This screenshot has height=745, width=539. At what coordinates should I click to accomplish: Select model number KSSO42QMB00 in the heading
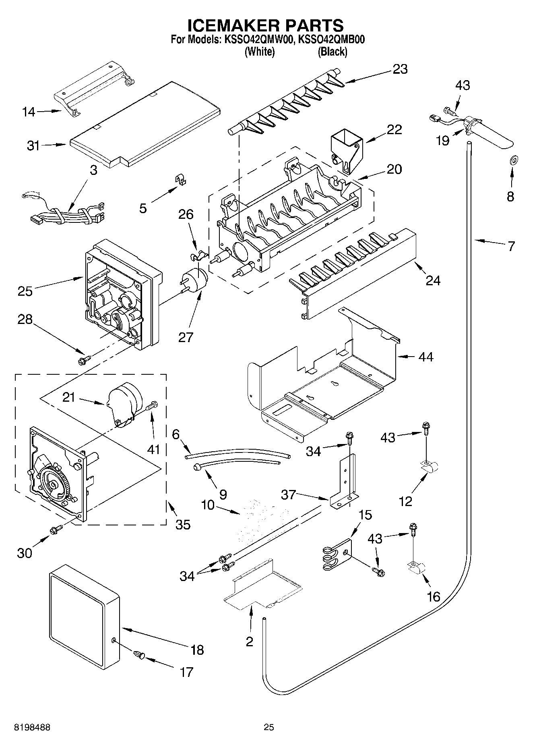(332, 39)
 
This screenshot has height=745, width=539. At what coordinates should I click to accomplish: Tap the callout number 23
(400, 69)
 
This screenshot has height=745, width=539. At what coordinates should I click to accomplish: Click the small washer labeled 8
(514, 161)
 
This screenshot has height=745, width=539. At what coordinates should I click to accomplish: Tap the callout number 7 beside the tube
(511, 246)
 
